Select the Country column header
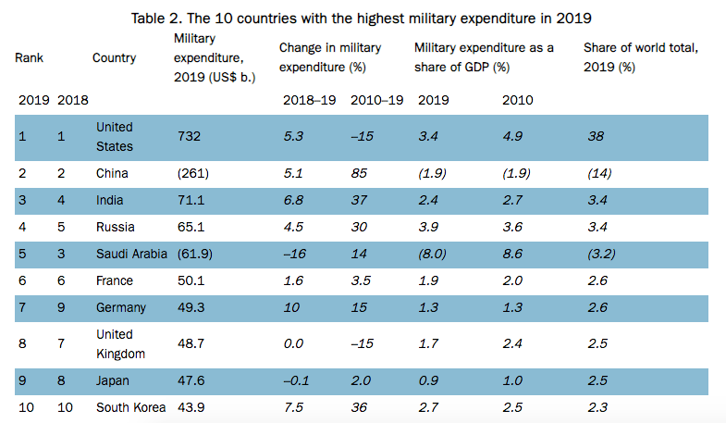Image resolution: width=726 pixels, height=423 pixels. tap(115, 57)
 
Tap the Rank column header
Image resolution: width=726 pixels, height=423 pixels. tap(29, 57)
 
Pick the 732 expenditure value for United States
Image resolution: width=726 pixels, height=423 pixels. tap(188, 136)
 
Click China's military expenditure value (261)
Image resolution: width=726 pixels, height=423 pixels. tap(191, 171)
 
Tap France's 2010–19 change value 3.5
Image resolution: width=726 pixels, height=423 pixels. tap(363, 280)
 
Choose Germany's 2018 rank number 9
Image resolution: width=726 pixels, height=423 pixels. tap(61, 306)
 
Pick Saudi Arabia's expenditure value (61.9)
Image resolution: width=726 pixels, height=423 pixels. tap(193, 254)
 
